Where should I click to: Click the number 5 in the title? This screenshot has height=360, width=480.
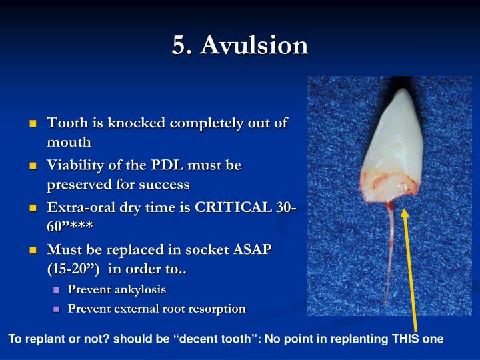tap(179, 45)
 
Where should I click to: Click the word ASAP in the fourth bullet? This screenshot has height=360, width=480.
tap(253, 249)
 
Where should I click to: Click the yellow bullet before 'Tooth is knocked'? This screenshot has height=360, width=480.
tap(33, 124)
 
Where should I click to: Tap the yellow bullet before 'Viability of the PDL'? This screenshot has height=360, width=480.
tap(33, 165)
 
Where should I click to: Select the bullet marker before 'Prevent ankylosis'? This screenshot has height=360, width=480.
tap(56, 290)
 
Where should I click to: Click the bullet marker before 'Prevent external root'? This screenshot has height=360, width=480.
tap(56, 309)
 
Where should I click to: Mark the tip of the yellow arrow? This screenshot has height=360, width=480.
tap(403, 213)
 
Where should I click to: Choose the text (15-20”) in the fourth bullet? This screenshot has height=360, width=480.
tap(73, 269)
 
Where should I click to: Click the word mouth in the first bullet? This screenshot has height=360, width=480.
tap(69, 142)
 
